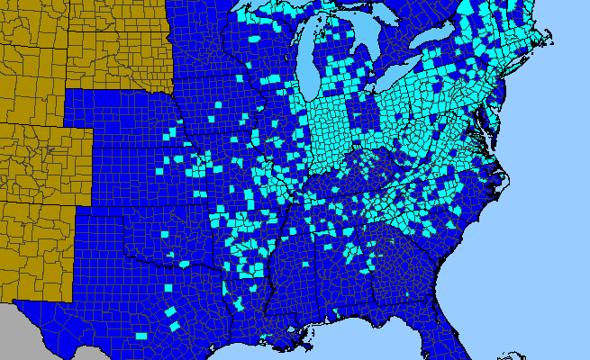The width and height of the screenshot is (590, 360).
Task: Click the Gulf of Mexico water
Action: pos(360,346)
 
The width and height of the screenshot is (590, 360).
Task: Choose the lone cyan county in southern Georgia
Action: pos(407,294)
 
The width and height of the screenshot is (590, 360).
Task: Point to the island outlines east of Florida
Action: pos(513,354)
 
